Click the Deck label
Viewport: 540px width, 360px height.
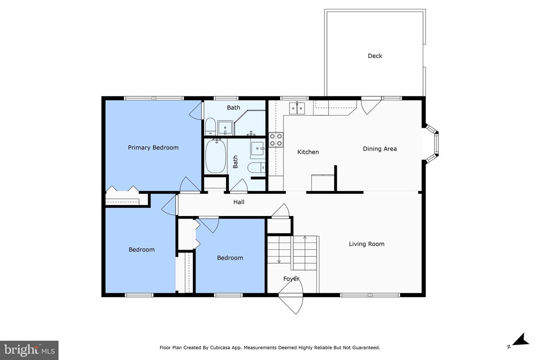pyautogui.click(x=375, y=56)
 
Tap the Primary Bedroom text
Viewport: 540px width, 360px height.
pyautogui.click(x=153, y=147)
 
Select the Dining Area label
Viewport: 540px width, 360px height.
pyautogui.click(x=379, y=148)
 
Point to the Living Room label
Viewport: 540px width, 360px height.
pyautogui.click(x=366, y=244)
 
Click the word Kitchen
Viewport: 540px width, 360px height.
pyautogui.click(x=308, y=152)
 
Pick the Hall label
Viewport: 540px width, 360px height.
pyautogui.click(x=238, y=202)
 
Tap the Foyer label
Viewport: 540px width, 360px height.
pyautogui.click(x=291, y=279)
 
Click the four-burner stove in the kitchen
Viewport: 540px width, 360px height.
pyautogui.click(x=276, y=140)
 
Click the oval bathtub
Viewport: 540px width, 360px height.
pyautogui.click(x=215, y=156)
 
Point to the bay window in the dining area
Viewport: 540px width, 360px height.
pyautogui.click(x=433, y=143)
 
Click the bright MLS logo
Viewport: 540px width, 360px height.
pyautogui.click(x=29, y=350)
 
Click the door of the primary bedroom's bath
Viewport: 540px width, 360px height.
pyautogui.click(x=196, y=111)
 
